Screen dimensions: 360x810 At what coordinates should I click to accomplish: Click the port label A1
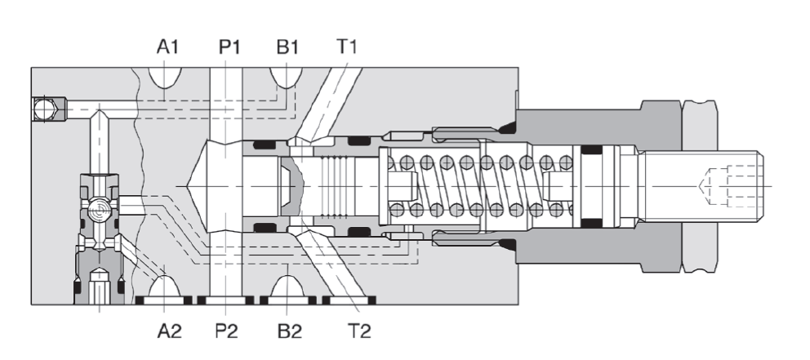[168, 47]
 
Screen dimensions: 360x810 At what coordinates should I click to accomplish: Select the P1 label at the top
[229, 47]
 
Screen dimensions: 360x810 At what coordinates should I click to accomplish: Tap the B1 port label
[287, 47]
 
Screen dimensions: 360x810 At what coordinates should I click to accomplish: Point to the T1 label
[348, 47]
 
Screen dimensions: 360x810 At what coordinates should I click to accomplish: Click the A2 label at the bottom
[168, 331]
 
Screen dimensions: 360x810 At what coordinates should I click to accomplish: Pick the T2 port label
[358, 331]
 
